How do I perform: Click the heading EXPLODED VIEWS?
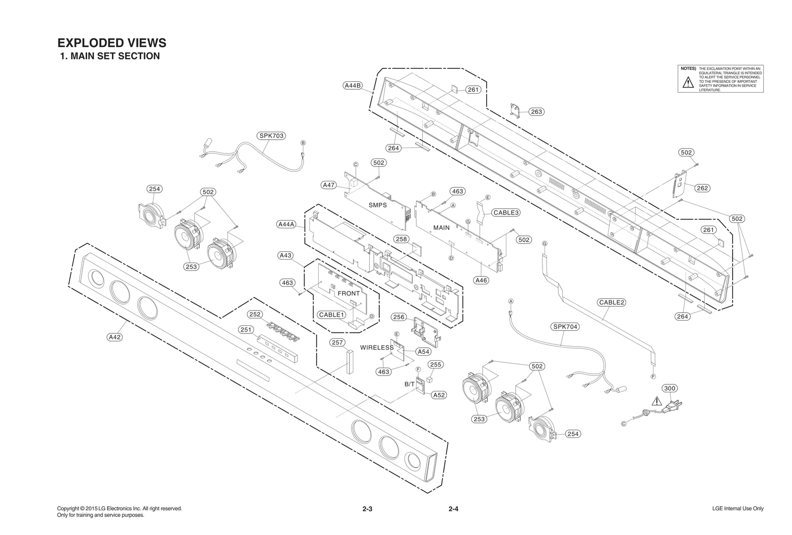tap(112, 43)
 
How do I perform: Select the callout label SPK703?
tap(272, 136)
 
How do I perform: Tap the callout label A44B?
tap(352, 85)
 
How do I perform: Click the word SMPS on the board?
tap(377, 205)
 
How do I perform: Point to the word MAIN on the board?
tap(441, 228)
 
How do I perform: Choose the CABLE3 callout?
tap(506, 213)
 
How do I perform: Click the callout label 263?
tap(536, 112)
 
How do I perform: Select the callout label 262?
tap(702, 188)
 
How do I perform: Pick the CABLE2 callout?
tap(612, 303)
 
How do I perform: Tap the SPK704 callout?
tap(565, 327)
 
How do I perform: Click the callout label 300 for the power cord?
tap(669, 388)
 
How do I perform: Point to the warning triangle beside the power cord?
tap(656, 401)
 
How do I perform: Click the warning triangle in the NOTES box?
tap(688, 83)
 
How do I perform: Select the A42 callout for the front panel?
tap(114, 337)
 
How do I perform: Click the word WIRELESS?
tap(377, 348)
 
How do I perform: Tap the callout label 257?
tap(337, 343)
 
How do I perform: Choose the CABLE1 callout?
tap(331, 315)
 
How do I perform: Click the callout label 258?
tap(401, 239)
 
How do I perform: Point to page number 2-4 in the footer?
tap(453, 509)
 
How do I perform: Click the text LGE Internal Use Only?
tap(738, 509)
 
